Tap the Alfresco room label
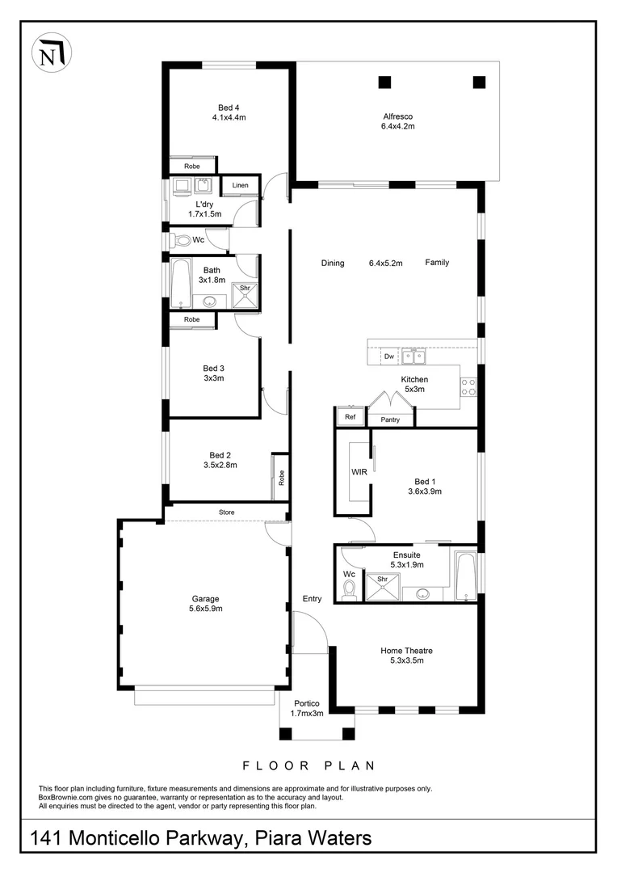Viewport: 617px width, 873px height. (x=398, y=116)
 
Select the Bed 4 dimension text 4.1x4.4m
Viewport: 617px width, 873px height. (x=229, y=118)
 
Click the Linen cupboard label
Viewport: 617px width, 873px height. (x=240, y=186)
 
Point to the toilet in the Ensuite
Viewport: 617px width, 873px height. (x=350, y=592)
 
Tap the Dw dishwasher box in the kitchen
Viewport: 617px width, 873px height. (x=388, y=356)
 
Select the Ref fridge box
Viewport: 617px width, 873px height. (x=350, y=417)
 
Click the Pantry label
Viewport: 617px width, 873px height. (x=390, y=420)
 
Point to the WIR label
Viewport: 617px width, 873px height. (x=359, y=471)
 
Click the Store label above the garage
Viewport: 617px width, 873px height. (x=227, y=512)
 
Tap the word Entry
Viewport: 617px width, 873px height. (x=312, y=599)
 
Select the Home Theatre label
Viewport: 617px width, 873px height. (x=413, y=650)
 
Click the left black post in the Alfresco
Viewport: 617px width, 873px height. (x=384, y=82)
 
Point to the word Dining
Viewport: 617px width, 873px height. (x=332, y=263)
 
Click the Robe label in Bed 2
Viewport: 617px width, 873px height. (x=280, y=477)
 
